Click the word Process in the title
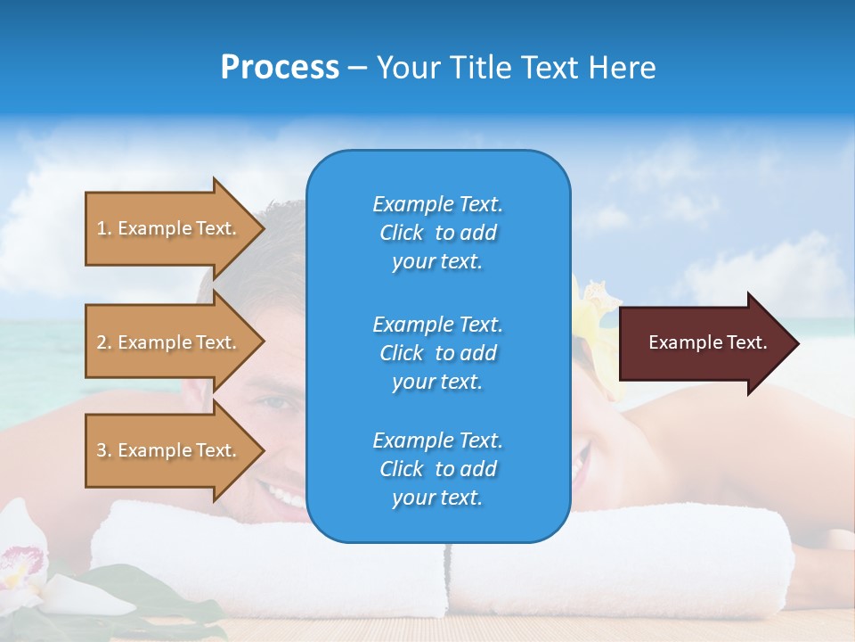(280, 68)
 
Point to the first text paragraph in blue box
(437, 233)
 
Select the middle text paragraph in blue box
(437, 352)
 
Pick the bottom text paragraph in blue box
(437, 469)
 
